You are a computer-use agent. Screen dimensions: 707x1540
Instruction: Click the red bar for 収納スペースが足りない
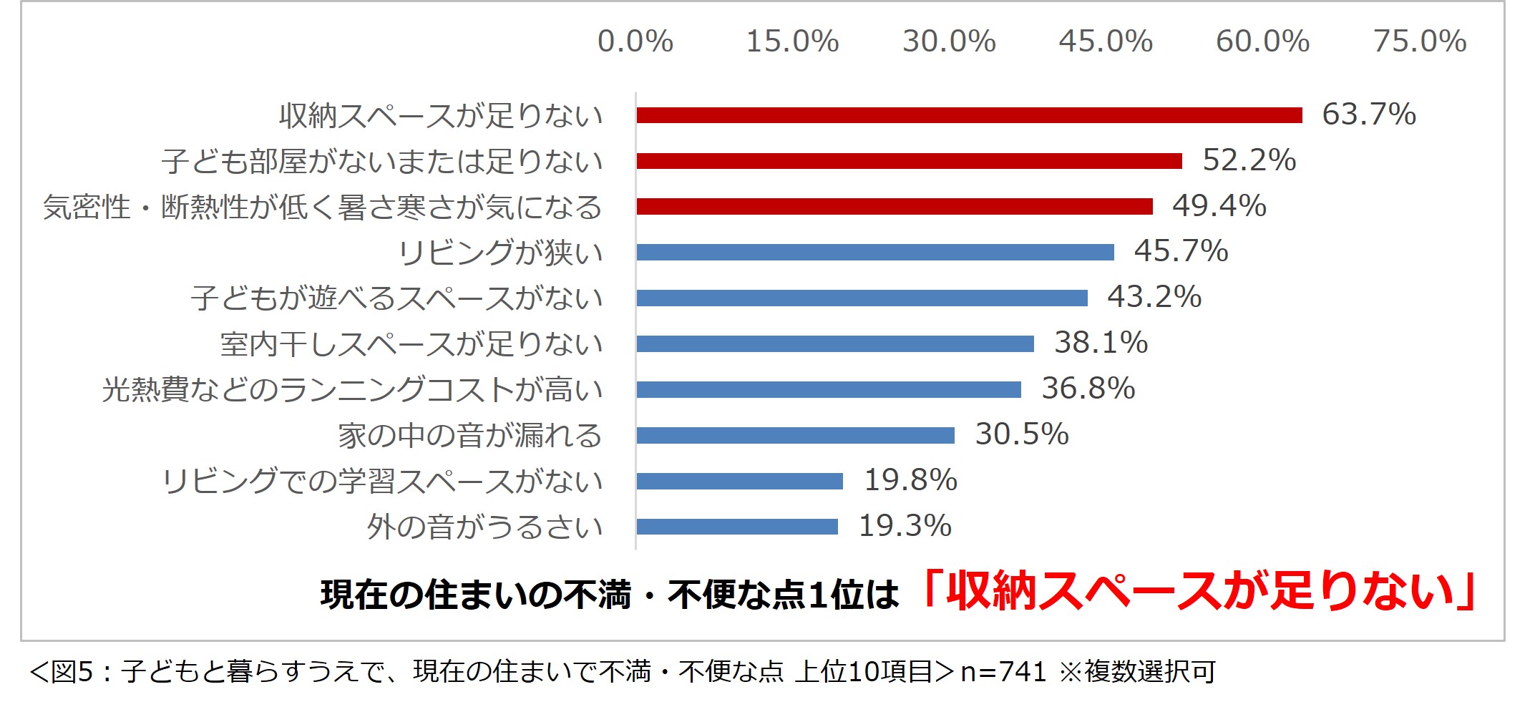tap(969, 115)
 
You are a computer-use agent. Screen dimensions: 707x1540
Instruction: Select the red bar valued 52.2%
tap(909, 161)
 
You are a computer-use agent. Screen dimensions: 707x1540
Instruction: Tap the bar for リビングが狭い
tap(875, 252)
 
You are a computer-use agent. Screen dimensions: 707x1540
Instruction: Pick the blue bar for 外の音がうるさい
tap(737, 527)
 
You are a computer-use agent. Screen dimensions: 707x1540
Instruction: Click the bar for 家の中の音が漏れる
tap(795, 435)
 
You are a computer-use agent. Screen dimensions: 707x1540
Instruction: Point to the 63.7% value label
tap(1368, 114)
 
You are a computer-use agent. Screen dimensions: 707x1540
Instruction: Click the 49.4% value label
tap(1219, 206)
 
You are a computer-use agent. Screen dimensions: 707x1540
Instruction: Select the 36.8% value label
tap(1088, 389)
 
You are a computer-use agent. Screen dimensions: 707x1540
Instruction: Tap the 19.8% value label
tap(910, 480)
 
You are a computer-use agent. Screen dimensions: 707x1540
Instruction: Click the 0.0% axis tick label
tap(635, 42)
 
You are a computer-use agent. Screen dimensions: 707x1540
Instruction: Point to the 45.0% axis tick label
tap(1106, 42)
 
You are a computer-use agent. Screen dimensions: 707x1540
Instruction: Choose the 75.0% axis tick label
tap(1420, 42)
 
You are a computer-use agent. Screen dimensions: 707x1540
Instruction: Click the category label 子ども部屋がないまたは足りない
tap(382, 161)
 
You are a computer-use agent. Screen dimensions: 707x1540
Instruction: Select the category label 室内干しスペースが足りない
tap(411, 344)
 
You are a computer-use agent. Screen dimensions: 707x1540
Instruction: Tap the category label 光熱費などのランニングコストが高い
tap(352, 390)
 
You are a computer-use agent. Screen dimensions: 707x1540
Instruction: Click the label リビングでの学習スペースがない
tap(382, 481)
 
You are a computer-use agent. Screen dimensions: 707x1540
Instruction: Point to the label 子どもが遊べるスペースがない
tap(397, 298)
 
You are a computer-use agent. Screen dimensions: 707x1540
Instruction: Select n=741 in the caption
tap(1003, 672)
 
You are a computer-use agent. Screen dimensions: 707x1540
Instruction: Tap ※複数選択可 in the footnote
tap(1137, 672)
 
